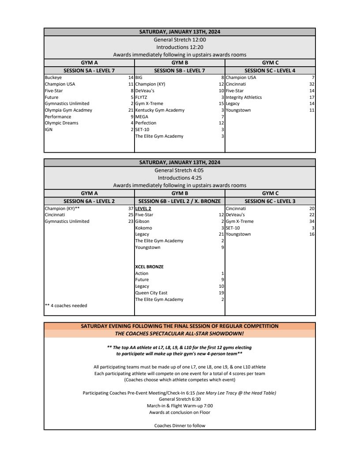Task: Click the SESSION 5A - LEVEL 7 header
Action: (x=90, y=71)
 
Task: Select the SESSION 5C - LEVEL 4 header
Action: (x=270, y=71)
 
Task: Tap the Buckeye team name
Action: (x=53, y=78)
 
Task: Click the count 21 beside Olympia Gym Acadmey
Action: (x=131, y=110)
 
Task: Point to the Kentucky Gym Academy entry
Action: (x=160, y=110)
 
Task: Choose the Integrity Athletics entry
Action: (x=244, y=97)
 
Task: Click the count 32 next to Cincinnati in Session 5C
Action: (x=312, y=84)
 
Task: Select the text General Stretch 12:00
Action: (x=180, y=40)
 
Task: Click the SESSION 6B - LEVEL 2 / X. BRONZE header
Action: (x=180, y=201)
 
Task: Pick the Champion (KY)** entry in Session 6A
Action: (x=62, y=208)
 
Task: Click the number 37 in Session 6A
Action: (x=131, y=208)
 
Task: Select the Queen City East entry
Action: (x=151, y=293)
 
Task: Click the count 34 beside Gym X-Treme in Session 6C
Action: (x=312, y=221)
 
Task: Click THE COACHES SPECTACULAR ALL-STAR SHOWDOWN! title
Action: (x=180, y=334)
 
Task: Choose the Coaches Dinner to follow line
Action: (x=180, y=426)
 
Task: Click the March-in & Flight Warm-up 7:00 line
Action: (x=180, y=406)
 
